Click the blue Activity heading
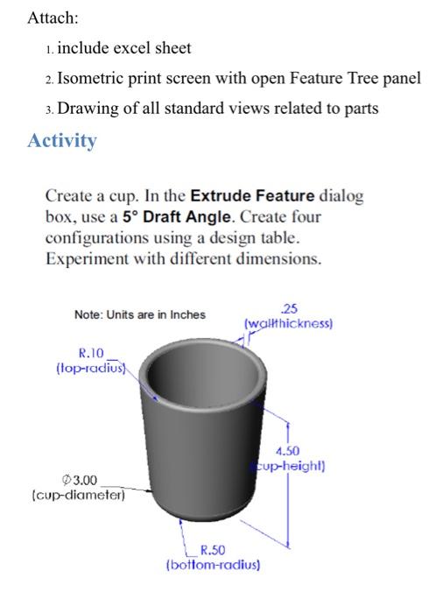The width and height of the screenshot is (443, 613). [x=62, y=141]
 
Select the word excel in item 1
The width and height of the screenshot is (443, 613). [x=127, y=47]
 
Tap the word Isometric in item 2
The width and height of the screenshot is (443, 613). [x=94, y=78]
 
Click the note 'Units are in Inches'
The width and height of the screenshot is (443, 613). [x=140, y=314]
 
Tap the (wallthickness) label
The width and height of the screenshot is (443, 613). [x=288, y=322]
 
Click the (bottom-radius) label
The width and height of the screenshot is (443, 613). [x=213, y=565]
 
